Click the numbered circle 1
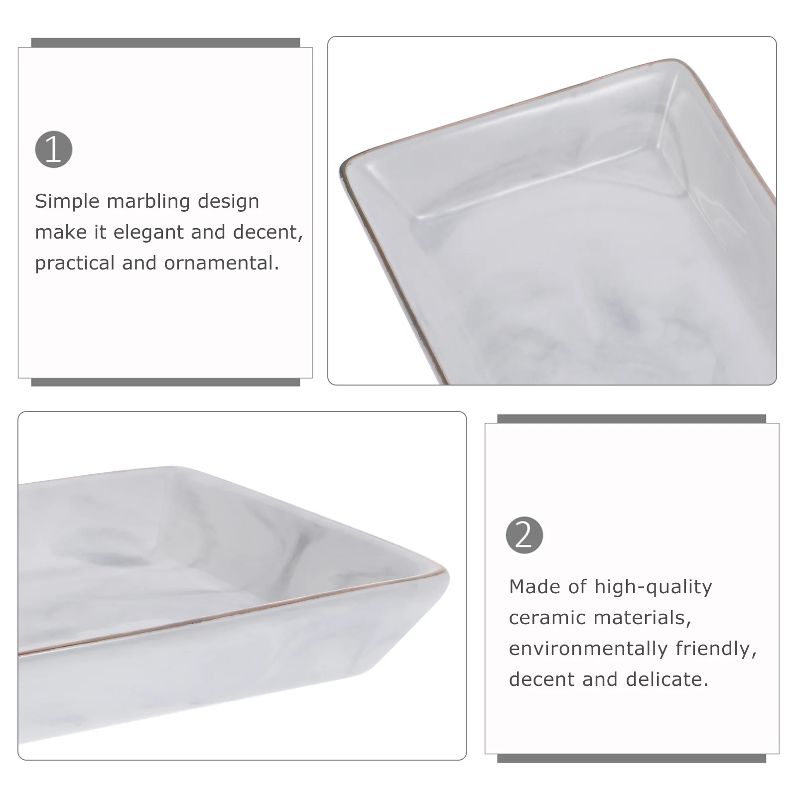54,149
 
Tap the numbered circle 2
525,535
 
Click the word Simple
67,202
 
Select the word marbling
148,202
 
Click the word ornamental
222,263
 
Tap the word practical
75,264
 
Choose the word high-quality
653,587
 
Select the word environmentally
588,649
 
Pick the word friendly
716,649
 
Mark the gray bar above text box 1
165,43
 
